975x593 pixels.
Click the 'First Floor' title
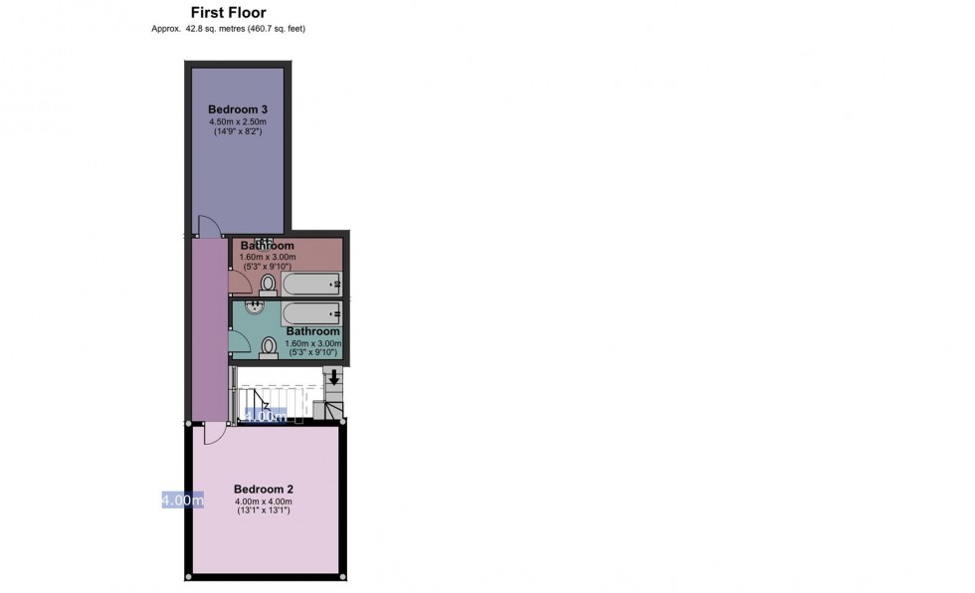(x=228, y=12)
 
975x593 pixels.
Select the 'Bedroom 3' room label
(x=238, y=109)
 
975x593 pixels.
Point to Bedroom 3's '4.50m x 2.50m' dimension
(x=238, y=121)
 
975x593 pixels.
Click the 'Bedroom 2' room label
(x=264, y=490)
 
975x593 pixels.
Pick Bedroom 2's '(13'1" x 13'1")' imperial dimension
(x=264, y=510)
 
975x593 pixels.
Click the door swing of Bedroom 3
(x=210, y=226)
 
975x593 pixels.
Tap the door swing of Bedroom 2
(x=213, y=434)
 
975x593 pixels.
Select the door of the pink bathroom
(x=240, y=282)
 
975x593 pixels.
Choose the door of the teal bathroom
(x=240, y=341)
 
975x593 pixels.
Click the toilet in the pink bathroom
(x=268, y=285)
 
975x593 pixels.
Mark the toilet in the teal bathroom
(x=269, y=347)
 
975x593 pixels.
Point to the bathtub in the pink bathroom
(x=310, y=285)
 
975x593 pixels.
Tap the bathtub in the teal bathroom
(x=310, y=313)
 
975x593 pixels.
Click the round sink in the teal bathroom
(x=255, y=305)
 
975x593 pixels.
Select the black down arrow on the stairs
(x=334, y=377)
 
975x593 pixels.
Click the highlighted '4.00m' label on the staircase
(x=266, y=417)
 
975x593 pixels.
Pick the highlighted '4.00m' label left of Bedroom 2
(x=183, y=499)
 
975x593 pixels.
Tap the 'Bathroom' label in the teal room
(x=312, y=331)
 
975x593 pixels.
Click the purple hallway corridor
(x=209, y=329)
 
